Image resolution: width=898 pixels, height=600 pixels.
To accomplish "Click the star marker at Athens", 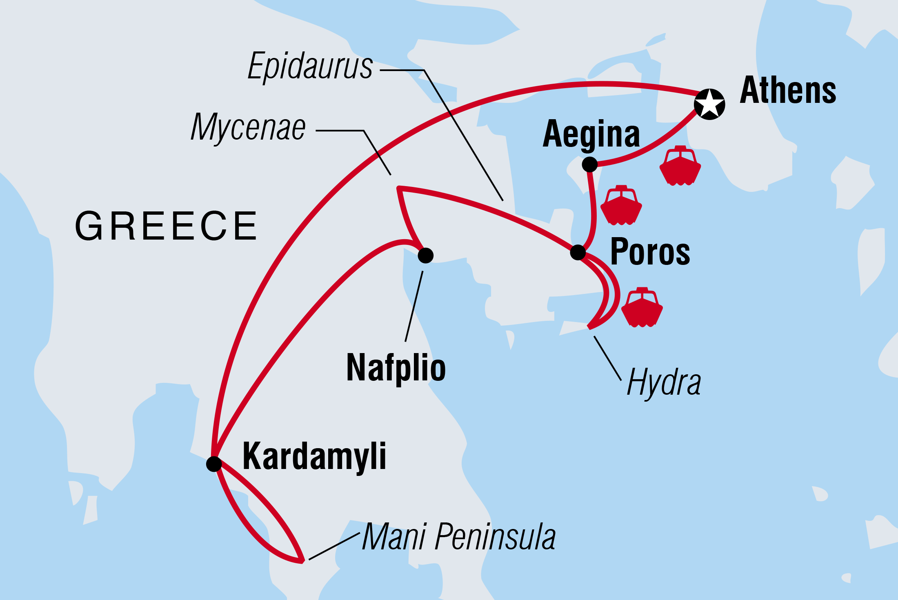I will coord(709,104).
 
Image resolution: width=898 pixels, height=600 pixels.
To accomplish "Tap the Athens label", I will coord(788,91).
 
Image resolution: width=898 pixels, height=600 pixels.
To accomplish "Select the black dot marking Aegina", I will coord(590,164).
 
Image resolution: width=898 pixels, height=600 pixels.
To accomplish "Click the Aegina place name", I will coord(591,135).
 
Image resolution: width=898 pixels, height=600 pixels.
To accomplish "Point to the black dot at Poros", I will coord(578,252).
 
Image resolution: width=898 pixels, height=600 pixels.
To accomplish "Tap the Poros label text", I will coord(650,252).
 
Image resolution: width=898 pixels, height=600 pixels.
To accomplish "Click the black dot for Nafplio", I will coord(426,256).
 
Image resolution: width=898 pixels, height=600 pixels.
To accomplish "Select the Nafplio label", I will coord(396,368).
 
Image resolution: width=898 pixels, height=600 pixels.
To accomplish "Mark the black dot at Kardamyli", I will coord(214,464).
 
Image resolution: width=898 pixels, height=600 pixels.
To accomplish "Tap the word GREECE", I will coord(166,226).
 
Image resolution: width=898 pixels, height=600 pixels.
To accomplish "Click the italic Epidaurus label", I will coord(310,66).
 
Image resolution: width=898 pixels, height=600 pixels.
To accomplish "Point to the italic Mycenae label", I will coord(248,127).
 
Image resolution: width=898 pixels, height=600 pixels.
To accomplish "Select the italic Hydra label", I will coord(664,382).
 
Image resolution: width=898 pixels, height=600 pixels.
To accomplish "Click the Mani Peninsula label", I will coord(458,537).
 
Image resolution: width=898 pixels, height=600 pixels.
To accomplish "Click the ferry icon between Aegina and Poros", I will coord(621,205).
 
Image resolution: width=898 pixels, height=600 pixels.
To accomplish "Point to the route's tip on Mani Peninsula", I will coord(302,561).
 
